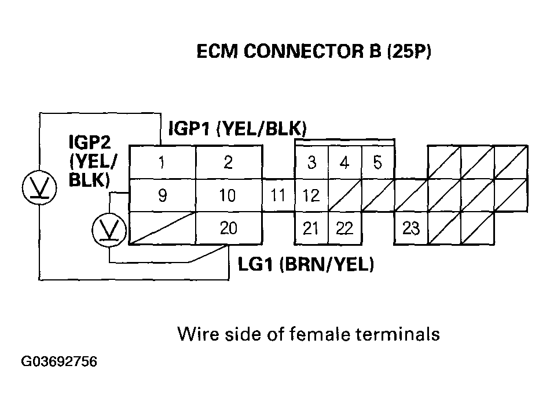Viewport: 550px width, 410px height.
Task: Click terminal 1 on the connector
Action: click(x=162, y=162)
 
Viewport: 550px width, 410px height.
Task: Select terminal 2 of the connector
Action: click(x=228, y=162)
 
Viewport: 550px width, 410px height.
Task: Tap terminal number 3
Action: click(x=311, y=162)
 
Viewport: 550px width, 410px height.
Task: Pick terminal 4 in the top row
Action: click(x=344, y=162)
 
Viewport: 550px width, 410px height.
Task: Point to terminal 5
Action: click(x=377, y=162)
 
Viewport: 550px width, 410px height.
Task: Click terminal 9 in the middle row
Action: click(x=162, y=195)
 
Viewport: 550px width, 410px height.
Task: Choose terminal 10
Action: click(x=228, y=195)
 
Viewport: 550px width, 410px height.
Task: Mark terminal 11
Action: click(x=278, y=195)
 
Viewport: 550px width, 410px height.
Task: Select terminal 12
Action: click(x=311, y=195)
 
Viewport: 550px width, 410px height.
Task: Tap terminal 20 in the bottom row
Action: click(x=228, y=228)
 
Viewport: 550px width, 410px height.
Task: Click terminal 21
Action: click(x=311, y=228)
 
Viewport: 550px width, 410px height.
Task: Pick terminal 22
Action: click(x=344, y=228)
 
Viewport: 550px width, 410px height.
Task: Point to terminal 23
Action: click(x=410, y=228)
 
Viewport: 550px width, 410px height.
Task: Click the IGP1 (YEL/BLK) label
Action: click(x=237, y=128)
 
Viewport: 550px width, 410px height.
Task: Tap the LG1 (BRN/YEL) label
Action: click(x=306, y=265)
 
